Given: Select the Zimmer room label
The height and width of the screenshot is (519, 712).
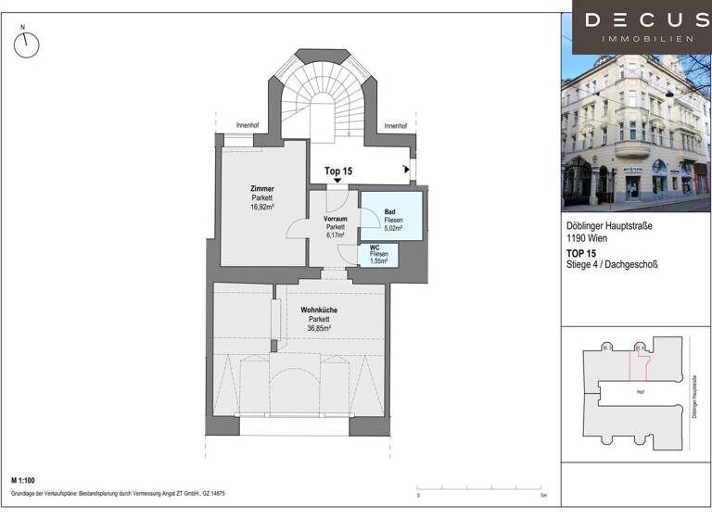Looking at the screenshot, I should coord(261,189).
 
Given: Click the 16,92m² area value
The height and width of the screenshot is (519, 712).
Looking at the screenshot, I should coord(261,209).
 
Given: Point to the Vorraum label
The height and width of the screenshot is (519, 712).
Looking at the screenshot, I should coord(335,218).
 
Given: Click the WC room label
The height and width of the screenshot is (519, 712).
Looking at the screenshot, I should coord(375,247).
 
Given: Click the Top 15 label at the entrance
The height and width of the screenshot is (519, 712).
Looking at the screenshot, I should coord(338,171).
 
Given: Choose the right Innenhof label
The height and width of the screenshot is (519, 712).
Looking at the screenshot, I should coord(396,126).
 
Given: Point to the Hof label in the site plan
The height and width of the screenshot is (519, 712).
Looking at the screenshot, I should coord(640,391).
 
